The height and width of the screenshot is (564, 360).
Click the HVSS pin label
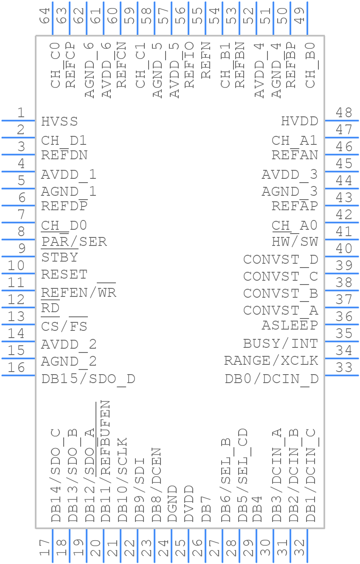[59, 121]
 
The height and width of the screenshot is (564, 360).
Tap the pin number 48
[344, 113]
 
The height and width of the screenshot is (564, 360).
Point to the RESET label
[64, 274]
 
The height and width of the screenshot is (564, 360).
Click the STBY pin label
[59, 257]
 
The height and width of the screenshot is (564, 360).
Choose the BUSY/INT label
[280, 343]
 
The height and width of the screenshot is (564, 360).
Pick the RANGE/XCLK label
[271, 361]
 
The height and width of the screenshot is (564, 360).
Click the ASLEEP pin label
[290, 325]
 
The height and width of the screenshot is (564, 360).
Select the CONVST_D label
[280, 259]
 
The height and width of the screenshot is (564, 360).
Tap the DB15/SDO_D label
[88, 378]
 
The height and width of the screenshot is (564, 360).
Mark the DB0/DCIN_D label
[271, 378]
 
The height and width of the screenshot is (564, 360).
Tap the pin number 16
[16, 367]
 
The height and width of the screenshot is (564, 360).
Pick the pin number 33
[344, 367]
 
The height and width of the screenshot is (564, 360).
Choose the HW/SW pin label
[295, 242]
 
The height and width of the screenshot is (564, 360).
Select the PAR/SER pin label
[74, 242]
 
